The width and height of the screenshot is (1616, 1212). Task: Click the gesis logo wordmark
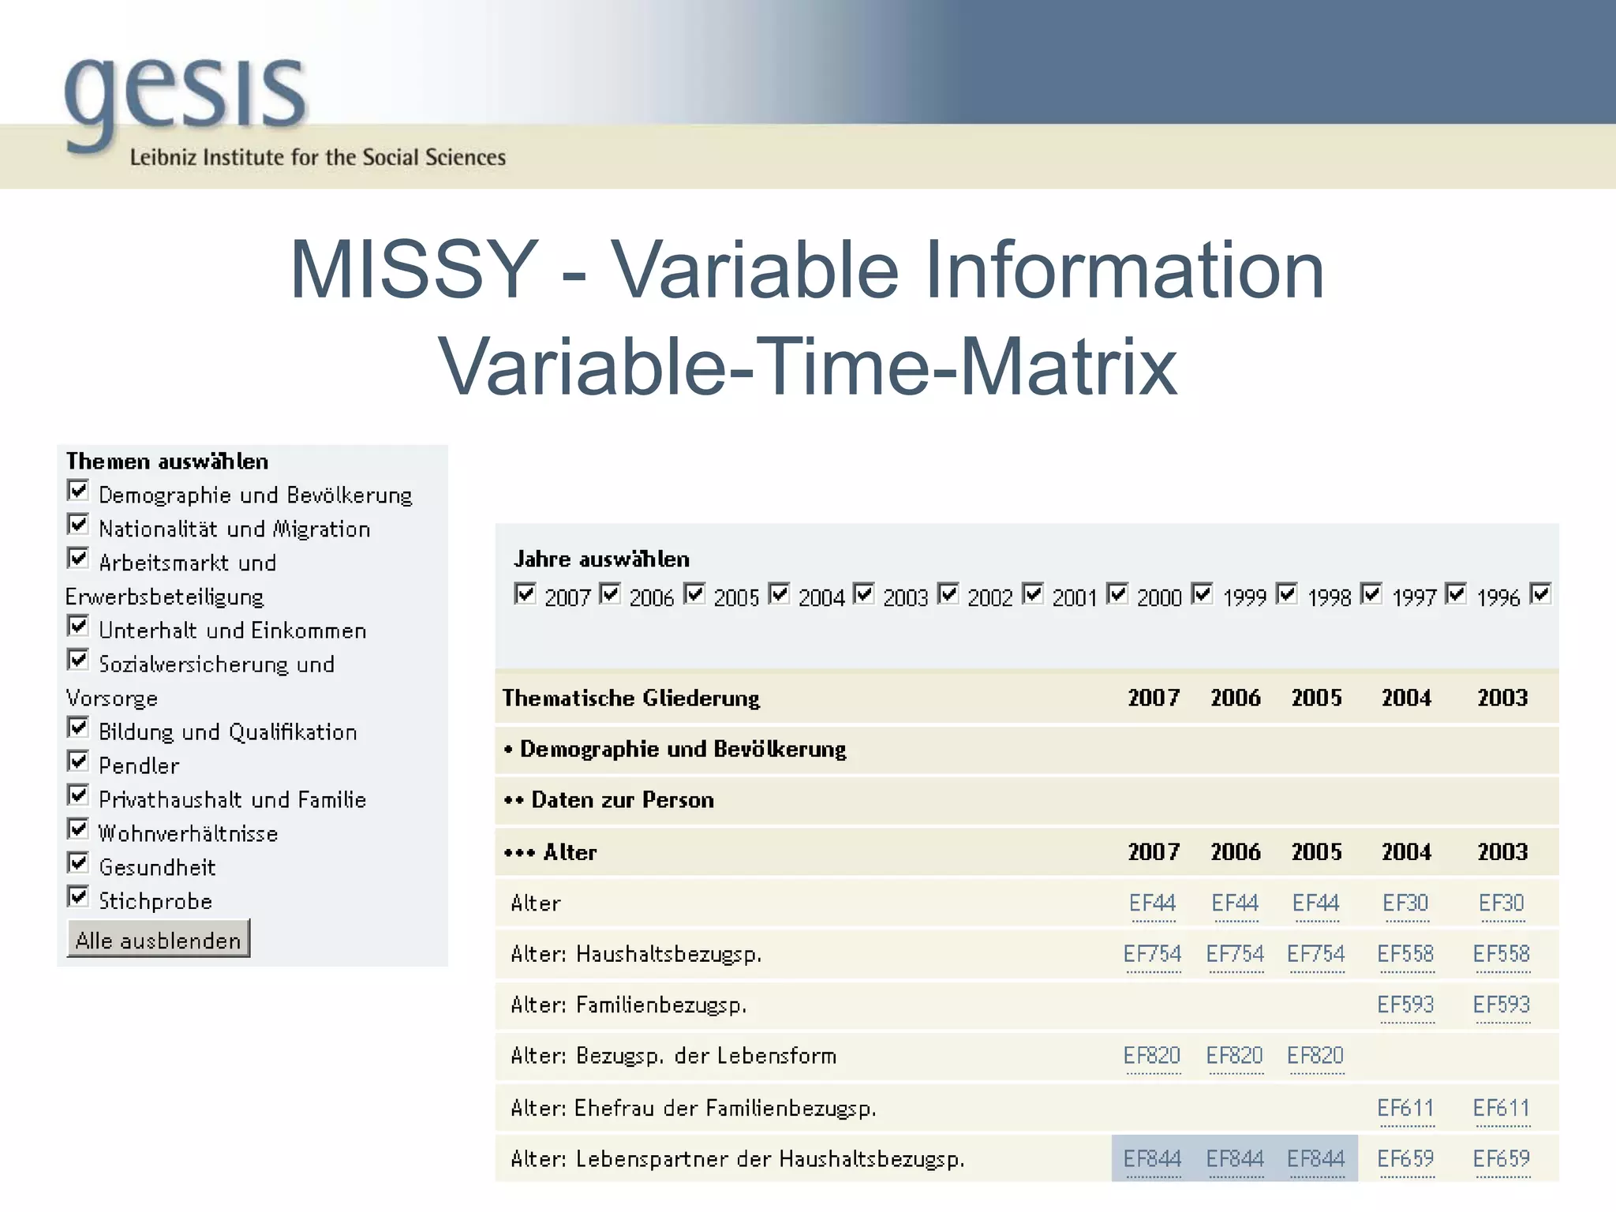click(x=185, y=95)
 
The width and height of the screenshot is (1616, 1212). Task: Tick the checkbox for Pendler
click(x=78, y=761)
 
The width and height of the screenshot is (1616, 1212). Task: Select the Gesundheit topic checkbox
click(x=78, y=863)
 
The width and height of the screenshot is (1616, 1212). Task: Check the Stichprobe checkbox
click(x=78, y=897)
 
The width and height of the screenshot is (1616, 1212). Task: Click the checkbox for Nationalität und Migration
click(x=78, y=525)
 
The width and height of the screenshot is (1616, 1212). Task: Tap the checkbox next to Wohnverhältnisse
click(x=78, y=829)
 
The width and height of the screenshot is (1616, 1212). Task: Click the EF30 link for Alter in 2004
click(x=1405, y=903)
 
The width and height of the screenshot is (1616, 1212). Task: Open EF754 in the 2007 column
click(x=1152, y=954)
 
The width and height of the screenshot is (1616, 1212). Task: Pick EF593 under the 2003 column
click(x=1501, y=1004)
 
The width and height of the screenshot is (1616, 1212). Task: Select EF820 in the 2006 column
click(x=1234, y=1056)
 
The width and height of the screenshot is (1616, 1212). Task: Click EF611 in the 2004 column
click(x=1405, y=1108)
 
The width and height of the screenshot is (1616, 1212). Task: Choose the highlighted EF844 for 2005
click(x=1315, y=1158)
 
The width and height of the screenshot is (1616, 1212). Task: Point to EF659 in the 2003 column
click(x=1501, y=1158)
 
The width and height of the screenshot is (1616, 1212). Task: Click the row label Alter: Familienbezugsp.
click(x=628, y=1005)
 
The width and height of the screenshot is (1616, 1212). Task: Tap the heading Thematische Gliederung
click(x=630, y=698)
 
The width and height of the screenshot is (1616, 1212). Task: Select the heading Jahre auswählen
click(x=601, y=559)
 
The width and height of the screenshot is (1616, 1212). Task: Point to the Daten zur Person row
click(x=622, y=800)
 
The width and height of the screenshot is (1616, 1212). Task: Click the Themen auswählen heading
click(x=167, y=462)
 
